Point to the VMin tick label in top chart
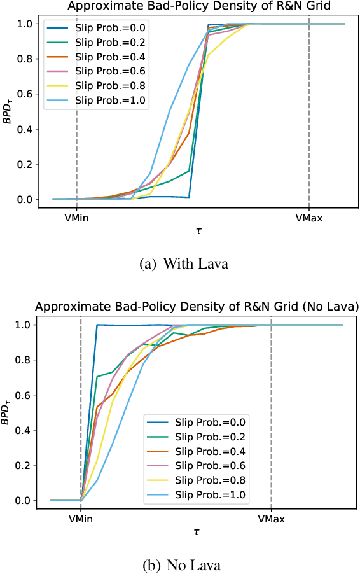click(x=76, y=219)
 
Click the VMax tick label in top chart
click(x=309, y=219)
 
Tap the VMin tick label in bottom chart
click(x=81, y=519)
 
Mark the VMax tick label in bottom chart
click(x=272, y=519)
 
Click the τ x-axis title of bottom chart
click(x=197, y=533)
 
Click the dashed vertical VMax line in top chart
click(x=309, y=127)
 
